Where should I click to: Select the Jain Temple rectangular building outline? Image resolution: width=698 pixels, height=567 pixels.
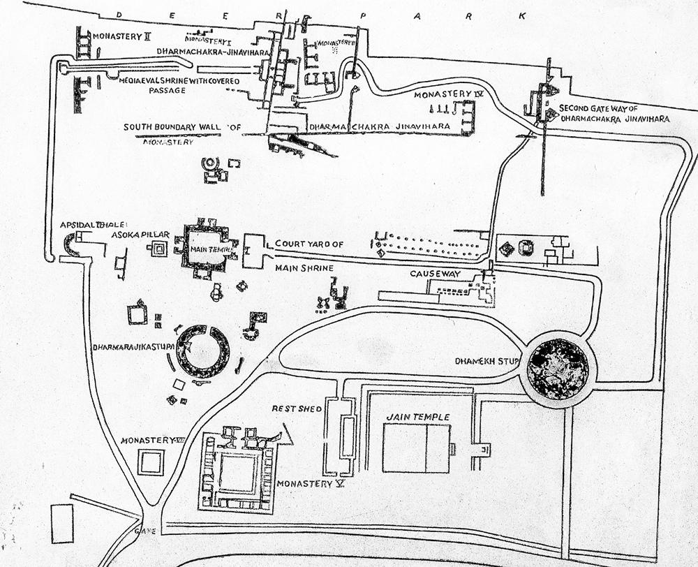(417, 448)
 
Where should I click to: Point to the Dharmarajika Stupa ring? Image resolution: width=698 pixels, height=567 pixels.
(202, 351)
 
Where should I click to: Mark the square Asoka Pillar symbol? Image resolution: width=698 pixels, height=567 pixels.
(159, 249)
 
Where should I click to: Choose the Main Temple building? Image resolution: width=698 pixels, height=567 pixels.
(206, 249)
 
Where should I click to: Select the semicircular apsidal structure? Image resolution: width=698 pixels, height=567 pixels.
(70, 244)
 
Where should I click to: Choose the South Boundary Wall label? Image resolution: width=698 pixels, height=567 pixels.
(181, 127)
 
